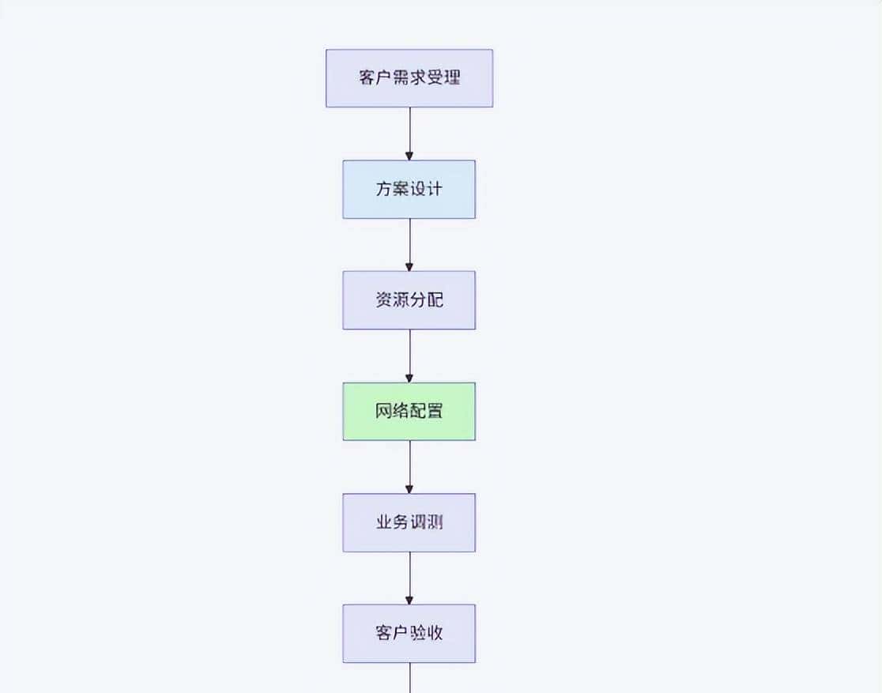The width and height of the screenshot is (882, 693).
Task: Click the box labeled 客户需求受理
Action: (x=409, y=78)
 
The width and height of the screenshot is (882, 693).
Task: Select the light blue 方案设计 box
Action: (x=409, y=190)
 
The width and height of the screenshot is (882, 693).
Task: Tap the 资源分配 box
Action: (x=409, y=300)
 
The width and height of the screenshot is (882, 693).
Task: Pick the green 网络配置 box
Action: (x=409, y=412)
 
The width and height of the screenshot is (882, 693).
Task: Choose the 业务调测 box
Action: (x=409, y=522)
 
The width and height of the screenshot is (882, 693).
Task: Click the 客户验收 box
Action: (x=409, y=634)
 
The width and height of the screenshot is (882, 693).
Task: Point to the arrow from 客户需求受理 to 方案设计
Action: (x=409, y=133)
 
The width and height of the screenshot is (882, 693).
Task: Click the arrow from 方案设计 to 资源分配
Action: (x=409, y=244)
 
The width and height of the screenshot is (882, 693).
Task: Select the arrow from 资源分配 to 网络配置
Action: (x=409, y=356)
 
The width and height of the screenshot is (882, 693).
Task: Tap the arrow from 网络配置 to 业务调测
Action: (x=409, y=466)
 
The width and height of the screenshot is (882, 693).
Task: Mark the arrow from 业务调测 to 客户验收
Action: (x=409, y=578)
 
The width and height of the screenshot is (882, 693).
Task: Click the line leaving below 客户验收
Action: (x=409, y=678)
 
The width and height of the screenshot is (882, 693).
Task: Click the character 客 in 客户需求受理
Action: (x=367, y=79)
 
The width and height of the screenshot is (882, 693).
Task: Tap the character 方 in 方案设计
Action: (x=383, y=190)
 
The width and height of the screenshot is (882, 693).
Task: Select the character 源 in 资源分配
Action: (x=401, y=300)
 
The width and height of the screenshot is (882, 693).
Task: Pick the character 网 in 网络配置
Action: (x=383, y=412)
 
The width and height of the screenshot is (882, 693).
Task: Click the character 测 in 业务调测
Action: (x=435, y=522)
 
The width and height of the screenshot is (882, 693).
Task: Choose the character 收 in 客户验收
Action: (x=435, y=634)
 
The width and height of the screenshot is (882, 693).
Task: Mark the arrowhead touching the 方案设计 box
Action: (x=409, y=156)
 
